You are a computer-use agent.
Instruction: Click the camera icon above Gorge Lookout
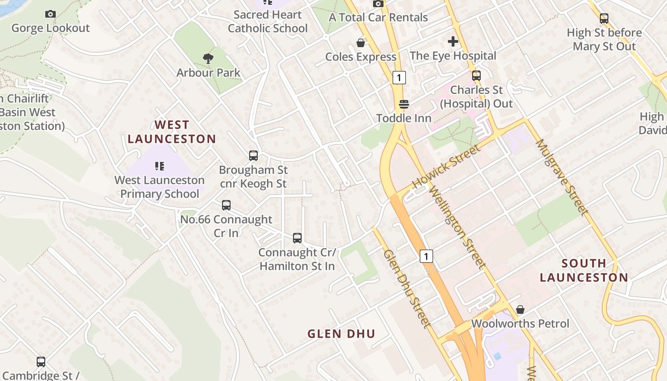click(51, 14)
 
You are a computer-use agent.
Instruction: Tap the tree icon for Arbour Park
click(208, 59)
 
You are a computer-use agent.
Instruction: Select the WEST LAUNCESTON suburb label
click(172, 132)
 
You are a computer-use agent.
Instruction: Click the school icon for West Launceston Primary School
click(160, 166)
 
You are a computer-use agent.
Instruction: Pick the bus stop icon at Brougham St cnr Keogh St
click(253, 155)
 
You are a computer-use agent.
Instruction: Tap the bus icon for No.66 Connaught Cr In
click(226, 205)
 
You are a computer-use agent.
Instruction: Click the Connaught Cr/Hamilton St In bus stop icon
click(297, 238)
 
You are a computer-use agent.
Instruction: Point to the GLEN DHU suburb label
click(341, 334)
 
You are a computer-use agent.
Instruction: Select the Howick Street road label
click(446, 167)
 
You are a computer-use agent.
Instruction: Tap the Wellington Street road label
click(457, 227)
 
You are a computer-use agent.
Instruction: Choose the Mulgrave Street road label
click(562, 177)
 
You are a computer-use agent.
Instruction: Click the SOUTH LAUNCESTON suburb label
click(584, 270)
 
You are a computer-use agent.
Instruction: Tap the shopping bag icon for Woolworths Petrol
click(520, 310)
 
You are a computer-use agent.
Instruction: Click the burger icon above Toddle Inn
click(404, 104)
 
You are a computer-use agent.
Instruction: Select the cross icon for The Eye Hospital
click(453, 41)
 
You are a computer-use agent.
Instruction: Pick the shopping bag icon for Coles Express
click(361, 43)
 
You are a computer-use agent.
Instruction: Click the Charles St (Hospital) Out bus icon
click(476, 75)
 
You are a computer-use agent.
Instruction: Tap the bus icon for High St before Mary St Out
click(604, 19)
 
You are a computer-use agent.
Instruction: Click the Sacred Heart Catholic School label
click(268, 21)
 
